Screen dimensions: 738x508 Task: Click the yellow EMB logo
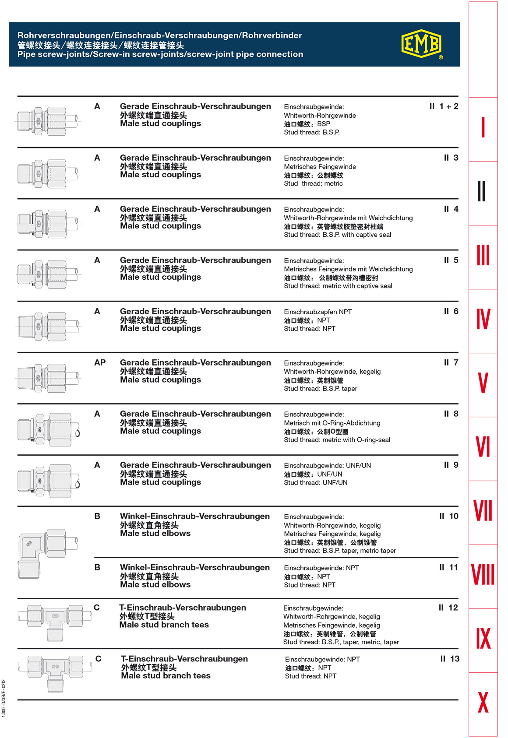point(421,44)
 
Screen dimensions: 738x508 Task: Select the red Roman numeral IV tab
point(483,320)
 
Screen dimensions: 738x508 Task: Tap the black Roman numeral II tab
point(482,191)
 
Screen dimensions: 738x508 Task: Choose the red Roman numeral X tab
point(483,702)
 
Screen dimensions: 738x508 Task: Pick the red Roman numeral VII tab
point(483,511)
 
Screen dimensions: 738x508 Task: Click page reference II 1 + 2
point(444,106)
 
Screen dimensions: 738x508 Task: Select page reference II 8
point(451,414)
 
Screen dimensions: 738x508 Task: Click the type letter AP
point(100,362)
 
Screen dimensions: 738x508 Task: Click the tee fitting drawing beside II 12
point(55,622)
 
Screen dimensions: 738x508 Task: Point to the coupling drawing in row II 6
point(48,326)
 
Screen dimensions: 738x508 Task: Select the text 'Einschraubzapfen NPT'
point(317,312)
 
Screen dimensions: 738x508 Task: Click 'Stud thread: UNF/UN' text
point(315,482)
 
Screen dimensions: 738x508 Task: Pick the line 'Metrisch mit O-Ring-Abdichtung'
point(332,423)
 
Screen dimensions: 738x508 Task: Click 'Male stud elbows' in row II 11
point(155,584)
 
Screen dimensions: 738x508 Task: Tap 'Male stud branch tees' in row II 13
point(166,675)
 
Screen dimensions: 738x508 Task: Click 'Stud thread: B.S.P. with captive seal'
point(337,235)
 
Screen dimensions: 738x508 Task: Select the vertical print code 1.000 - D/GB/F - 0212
point(4,698)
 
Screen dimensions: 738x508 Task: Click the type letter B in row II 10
point(97,516)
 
